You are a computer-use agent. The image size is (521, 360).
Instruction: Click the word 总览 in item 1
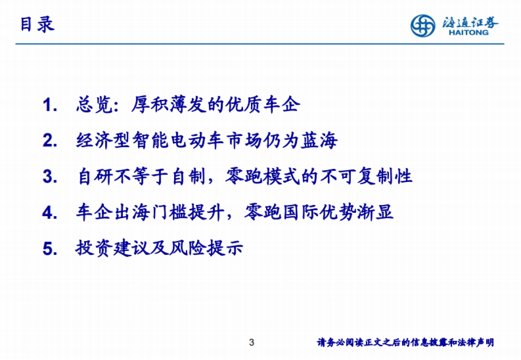tap(95, 106)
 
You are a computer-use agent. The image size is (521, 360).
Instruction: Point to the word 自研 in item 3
tap(95, 177)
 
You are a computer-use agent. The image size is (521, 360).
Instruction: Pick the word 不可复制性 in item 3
tap(366, 177)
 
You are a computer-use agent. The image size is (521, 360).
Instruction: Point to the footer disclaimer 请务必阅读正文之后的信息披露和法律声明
tap(406, 343)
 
